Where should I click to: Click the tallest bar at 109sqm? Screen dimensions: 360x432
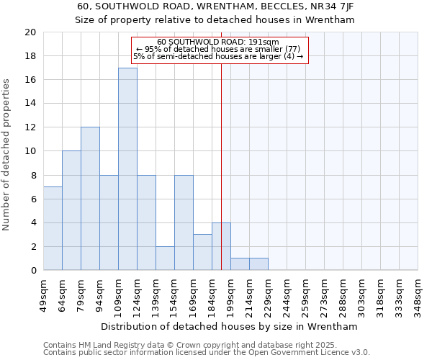(127, 169)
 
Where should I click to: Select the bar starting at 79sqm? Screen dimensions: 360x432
(90, 199)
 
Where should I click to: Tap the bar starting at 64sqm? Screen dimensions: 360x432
(71, 210)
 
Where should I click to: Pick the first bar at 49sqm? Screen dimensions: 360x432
(53, 228)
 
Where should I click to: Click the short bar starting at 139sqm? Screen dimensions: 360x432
(165, 258)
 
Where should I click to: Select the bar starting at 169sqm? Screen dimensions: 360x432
(202, 252)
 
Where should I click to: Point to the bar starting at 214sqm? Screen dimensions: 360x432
(258, 264)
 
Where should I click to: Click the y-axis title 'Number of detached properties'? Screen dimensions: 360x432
(7, 155)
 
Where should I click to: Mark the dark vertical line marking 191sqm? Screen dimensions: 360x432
(221, 166)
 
